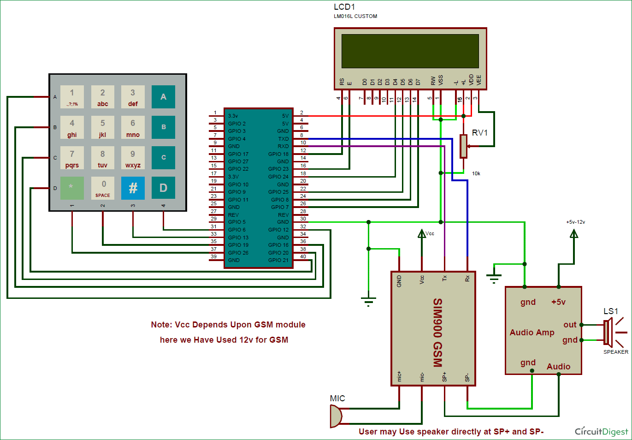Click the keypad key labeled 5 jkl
click(102, 127)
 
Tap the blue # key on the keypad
click(133, 188)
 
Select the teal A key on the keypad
click(163, 97)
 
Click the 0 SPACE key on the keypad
click(102, 188)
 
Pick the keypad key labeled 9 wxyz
click(133, 158)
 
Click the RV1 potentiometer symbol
click(463, 146)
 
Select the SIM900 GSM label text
click(437, 332)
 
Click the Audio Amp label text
click(532, 333)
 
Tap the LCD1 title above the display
click(344, 7)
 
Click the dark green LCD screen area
click(410, 51)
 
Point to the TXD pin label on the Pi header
click(283, 139)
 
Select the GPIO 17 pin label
click(238, 154)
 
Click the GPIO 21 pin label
click(278, 260)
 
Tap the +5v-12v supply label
click(575, 222)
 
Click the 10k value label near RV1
click(476, 173)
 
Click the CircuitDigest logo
click(601, 432)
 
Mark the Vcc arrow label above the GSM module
click(430, 233)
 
